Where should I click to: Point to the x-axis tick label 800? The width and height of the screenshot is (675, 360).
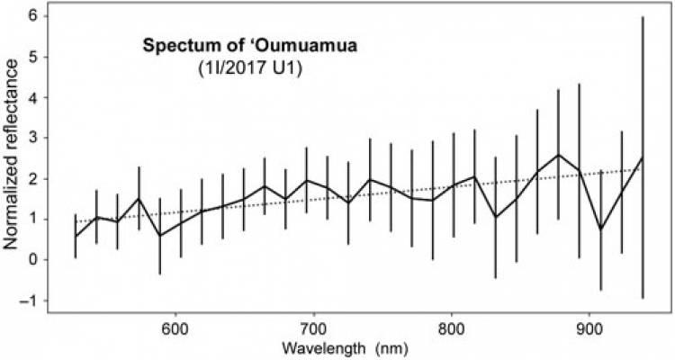(452, 326)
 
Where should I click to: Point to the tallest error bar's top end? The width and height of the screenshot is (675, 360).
(642, 16)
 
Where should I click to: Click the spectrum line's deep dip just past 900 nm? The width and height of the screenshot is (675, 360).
(600, 229)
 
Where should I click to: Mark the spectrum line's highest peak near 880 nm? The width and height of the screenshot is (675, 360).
(559, 155)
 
